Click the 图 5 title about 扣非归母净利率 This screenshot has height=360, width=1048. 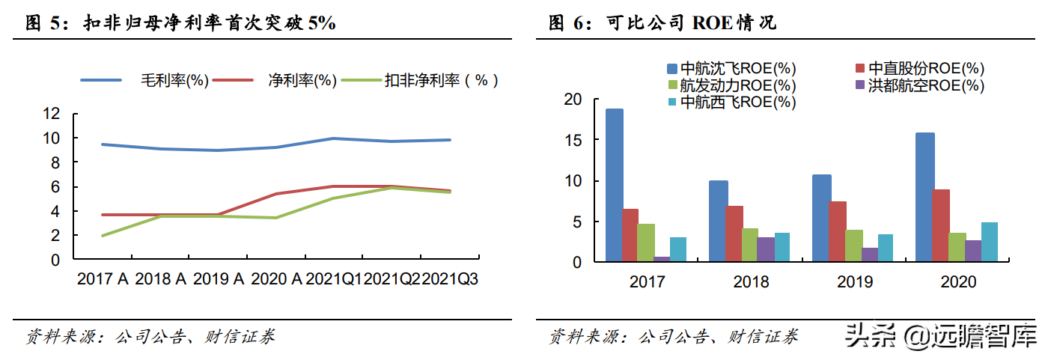tap(180, 24)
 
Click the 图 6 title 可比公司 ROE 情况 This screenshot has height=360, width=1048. tap(662, 24)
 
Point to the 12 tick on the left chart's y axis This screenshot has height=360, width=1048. tap(52, 114)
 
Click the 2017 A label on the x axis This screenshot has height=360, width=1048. tap(103, 280)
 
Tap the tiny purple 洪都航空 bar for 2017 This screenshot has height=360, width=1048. tap(662, 259)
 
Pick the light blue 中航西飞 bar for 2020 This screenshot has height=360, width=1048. tap(989, 242)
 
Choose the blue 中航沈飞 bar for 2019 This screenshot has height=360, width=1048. tap(821, 219)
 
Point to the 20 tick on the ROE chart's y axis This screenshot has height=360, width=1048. tap(573, 100)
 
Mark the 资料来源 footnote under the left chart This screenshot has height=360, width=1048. tap(150, 337)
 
